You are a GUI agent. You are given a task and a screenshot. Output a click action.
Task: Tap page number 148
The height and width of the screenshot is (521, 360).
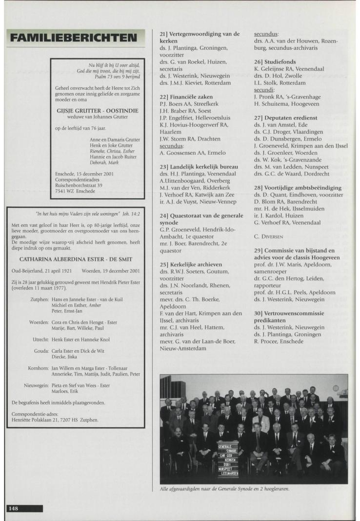pyautogui.click(x=13, y=508)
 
